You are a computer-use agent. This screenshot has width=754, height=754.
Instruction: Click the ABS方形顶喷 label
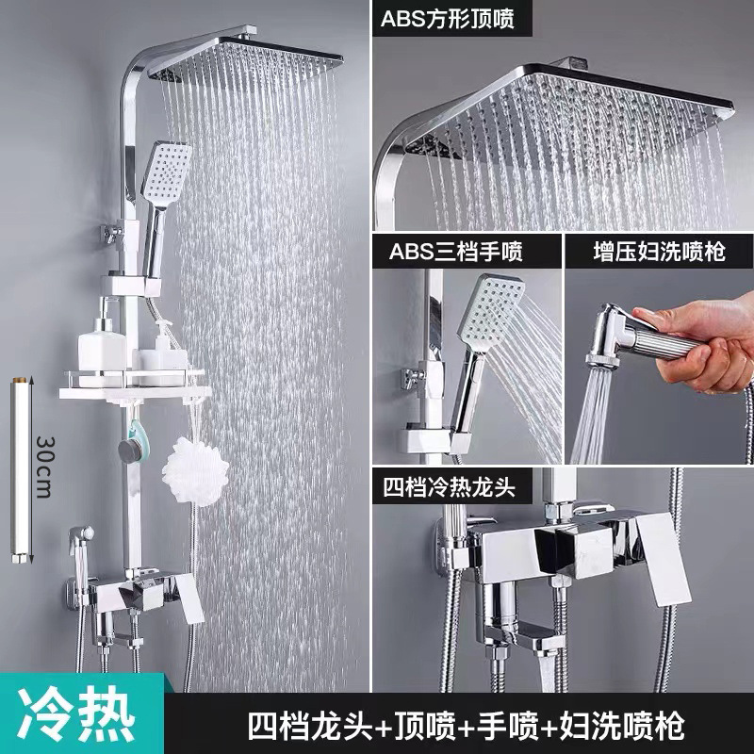pyautogui.click(x=448, y=19)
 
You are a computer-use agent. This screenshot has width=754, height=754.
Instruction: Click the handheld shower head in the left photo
pyautogui.click(x=166, y=173)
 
